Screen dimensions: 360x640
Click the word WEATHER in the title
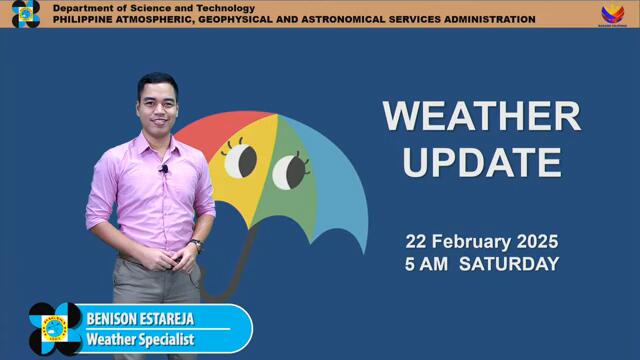click(x=481, y=116)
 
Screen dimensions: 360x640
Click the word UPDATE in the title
click(x=481, y=161)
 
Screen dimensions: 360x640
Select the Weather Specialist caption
click(x=139, y=340)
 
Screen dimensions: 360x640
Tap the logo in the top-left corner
click(x=25, y=13)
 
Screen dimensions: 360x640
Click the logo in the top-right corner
click(x=612, y=14)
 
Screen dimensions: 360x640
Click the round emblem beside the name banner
click(x=55, y=329)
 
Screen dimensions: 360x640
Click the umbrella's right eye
click(x=289, y=171)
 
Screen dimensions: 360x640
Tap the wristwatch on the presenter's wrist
click(x=196, y=244)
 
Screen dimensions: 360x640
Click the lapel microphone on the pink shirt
click(x=164, y=170)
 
